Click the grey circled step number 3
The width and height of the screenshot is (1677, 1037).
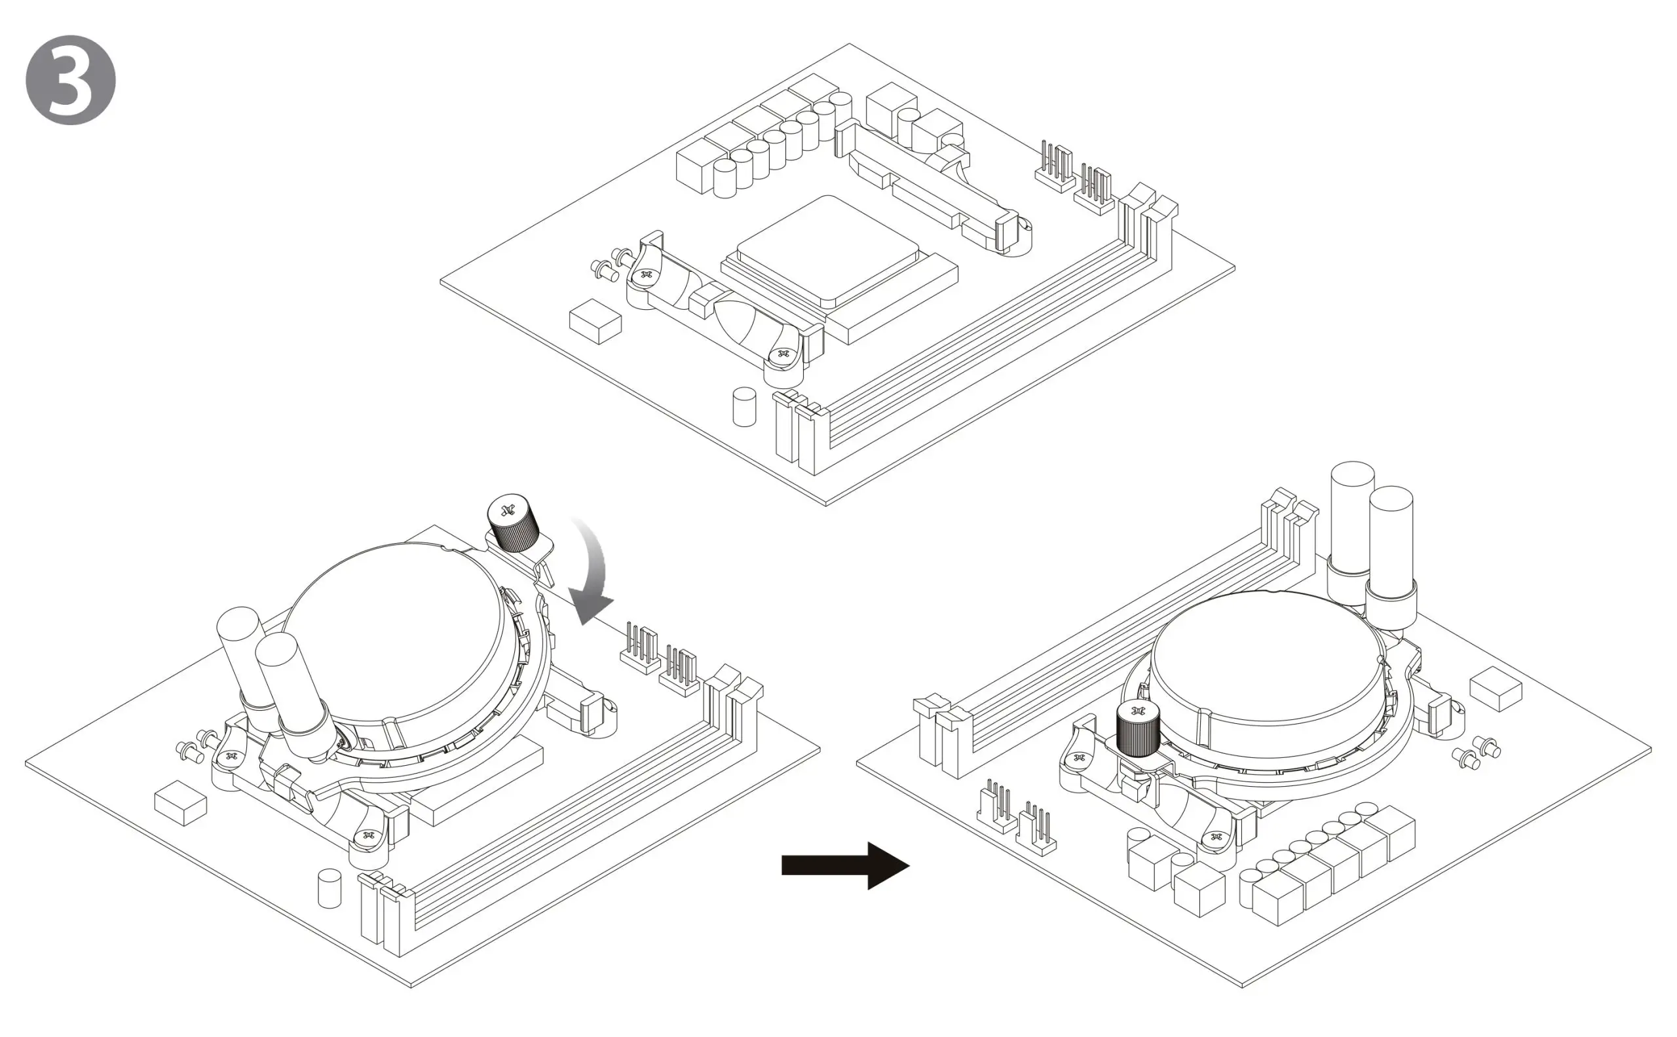point(71,80)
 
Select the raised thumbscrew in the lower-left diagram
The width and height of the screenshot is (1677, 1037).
point(513,523)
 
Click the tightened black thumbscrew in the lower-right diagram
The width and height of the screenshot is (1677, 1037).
point(1138,730)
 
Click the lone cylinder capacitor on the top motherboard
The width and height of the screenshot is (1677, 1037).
point(744,407)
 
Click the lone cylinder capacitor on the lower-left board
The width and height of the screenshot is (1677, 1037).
point(330,888)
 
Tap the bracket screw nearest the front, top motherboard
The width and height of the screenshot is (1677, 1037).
point(783,354)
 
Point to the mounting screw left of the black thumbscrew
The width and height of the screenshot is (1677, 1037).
point(1080,758)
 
